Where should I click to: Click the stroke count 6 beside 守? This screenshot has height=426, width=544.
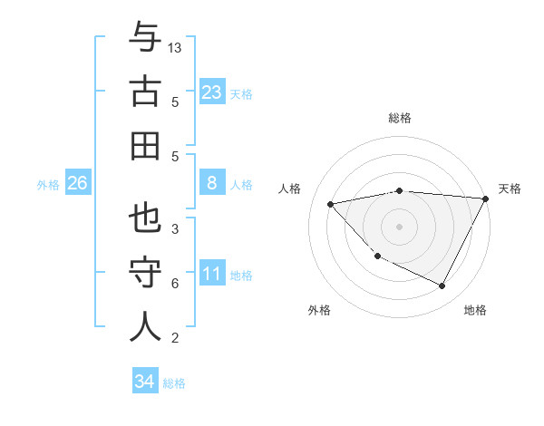coord(175,284)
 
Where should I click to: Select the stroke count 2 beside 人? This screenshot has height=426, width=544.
coord(175,338)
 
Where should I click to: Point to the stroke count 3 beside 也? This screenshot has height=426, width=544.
coord(175,229)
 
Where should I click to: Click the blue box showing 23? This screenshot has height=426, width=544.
coord(211,92)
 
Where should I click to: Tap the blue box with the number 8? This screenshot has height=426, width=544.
coord(211,183)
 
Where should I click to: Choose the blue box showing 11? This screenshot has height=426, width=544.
coord(211,274)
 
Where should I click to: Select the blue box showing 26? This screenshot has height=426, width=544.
coord(77,183)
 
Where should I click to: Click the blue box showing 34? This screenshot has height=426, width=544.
coord(144,382)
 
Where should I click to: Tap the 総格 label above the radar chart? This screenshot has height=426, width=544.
coord(400,118)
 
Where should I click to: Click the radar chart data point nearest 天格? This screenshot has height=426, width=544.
coord(485,198)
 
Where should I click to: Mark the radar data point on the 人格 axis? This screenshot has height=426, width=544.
coord(331,204)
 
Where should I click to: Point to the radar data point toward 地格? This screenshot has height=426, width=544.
coord(442,286)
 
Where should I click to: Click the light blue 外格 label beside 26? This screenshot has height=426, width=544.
coord(48,184)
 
